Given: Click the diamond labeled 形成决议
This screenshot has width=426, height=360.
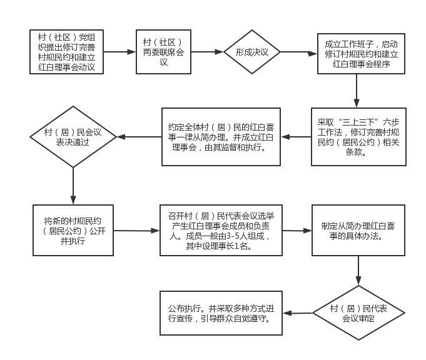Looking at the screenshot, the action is coord(252,52).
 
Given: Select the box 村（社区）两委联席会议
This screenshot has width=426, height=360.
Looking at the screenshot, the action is coord(163,52).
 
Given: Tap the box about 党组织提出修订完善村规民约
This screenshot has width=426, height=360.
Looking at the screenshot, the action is coord(66,52).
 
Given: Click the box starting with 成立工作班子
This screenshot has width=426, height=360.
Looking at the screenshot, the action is coord(362,54).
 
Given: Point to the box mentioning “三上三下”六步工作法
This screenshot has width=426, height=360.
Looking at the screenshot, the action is coord(358,137).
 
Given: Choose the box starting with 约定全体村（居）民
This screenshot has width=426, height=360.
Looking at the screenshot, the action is coord(221,137).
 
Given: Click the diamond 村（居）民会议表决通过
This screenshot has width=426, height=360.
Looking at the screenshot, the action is coord(73,137).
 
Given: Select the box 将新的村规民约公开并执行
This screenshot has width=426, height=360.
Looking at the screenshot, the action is coord(73,230).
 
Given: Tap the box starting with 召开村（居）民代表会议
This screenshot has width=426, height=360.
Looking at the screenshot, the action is coord(221,230).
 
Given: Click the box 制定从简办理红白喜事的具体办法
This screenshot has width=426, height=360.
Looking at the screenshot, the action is coord(358,230).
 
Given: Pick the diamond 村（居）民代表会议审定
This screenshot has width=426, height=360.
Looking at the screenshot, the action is coord(358,312).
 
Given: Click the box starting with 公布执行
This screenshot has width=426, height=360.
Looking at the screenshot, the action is coord(221,313).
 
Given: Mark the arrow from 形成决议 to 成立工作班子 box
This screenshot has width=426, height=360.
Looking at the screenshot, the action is coord(299,52).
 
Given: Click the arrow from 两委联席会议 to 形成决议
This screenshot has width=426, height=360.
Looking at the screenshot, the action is coord(207,52).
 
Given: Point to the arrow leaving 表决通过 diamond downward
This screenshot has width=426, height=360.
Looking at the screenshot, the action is coord(73,186).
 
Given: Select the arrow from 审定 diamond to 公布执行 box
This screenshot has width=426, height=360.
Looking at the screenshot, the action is coord(298,313).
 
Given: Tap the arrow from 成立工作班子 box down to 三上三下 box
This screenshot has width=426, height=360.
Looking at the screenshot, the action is coord(357,91).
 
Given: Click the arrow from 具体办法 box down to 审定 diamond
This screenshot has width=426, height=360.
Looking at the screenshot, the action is coord(358,271).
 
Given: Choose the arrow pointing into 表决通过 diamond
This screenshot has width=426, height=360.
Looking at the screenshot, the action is coord(139,137).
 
